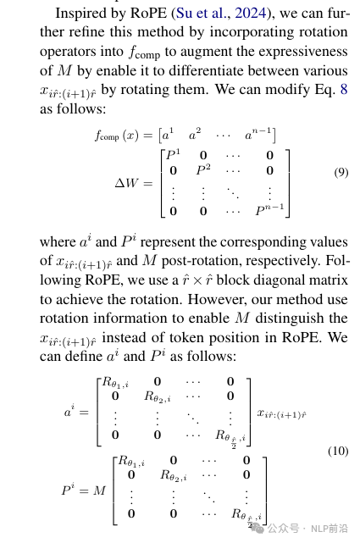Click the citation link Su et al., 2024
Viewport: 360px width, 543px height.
(x=221, y=13)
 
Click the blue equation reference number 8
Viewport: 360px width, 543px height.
(x=344, y=89)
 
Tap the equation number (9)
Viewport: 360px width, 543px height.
(x=341, y=172)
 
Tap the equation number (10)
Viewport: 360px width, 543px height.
(x=338, y=451)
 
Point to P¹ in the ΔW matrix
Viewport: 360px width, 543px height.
(x=173, y=154)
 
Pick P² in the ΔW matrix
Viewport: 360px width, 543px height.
(x=203, y=169)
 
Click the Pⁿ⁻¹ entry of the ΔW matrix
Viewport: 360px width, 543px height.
(x=269, y=209)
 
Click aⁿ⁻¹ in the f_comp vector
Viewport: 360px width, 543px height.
(x=258, y=135)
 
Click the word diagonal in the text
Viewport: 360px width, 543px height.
(x=303, y=280)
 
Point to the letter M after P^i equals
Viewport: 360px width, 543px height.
(x=99, y=490)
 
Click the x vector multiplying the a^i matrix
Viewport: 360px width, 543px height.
(x=281, y=414)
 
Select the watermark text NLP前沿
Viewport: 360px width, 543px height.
(x=330, y=529)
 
